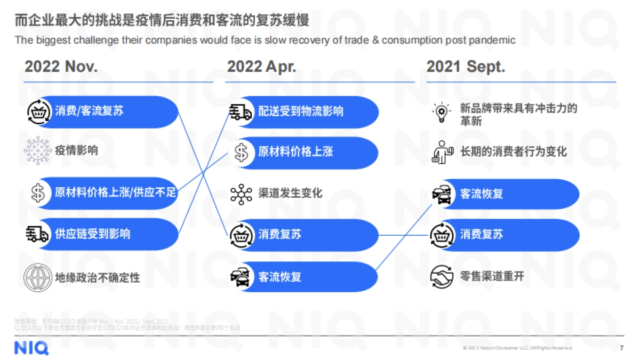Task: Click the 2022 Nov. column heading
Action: coord(61,67)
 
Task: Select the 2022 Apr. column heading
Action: coord(261,67)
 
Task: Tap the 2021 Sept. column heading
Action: coord(465,67)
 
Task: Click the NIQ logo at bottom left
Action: coord(31,348)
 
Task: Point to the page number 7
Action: coord(621,348)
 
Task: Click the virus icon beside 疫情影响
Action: coord(38,150)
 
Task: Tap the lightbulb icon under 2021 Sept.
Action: coord(442,114)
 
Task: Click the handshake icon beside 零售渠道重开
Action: coord(442,276)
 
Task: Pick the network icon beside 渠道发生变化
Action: coord(241,193)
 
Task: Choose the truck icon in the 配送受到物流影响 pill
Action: coord(241,111)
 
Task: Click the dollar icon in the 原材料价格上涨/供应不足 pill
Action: coord(38,193)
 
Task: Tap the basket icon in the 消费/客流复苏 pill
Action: coord(38,111)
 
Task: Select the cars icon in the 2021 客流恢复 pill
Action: coord(442,194)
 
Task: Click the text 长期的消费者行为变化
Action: coord(514,151)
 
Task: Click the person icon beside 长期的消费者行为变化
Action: coord(442,152)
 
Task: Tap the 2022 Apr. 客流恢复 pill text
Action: coord(280,277)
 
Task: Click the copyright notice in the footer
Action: coord(517,348)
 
